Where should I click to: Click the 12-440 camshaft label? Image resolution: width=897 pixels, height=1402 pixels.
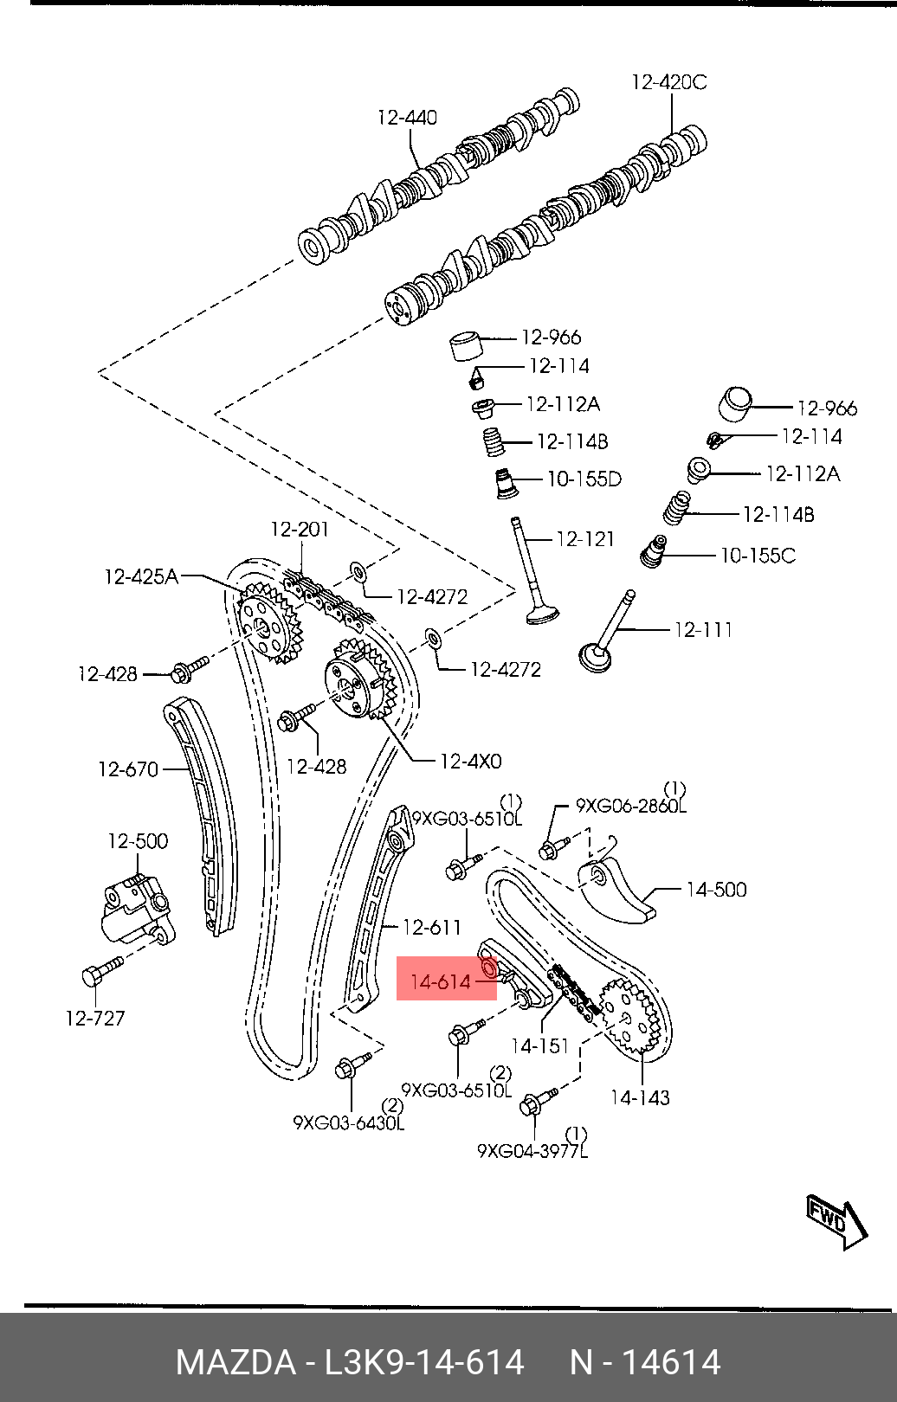pos(407,117)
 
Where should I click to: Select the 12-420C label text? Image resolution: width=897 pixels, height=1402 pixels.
pos(669,82)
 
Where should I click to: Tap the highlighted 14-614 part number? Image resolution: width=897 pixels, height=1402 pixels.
pos(441,982)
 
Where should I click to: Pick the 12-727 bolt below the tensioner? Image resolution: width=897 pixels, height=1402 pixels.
pos(103,972)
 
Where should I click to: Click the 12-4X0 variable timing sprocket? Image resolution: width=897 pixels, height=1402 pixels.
pos(360,682)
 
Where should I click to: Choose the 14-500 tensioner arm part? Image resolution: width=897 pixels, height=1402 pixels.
pos(614,891)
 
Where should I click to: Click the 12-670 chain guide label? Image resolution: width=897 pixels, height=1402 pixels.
pos(128,769)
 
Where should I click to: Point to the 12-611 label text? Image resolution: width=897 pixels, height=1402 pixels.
pos(431,926)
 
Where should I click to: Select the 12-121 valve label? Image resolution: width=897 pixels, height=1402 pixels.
pos(585,539)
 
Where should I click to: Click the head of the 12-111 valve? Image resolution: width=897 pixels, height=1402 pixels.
pos(595,659)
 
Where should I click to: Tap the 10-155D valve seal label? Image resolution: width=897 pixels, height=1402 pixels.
pos(584,479)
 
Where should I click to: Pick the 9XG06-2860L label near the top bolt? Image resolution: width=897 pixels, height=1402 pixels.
pos(631,806)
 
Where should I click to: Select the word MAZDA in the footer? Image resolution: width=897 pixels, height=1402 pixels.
pos(236,1362)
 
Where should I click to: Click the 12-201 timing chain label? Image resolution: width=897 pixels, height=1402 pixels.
pos(300,530)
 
